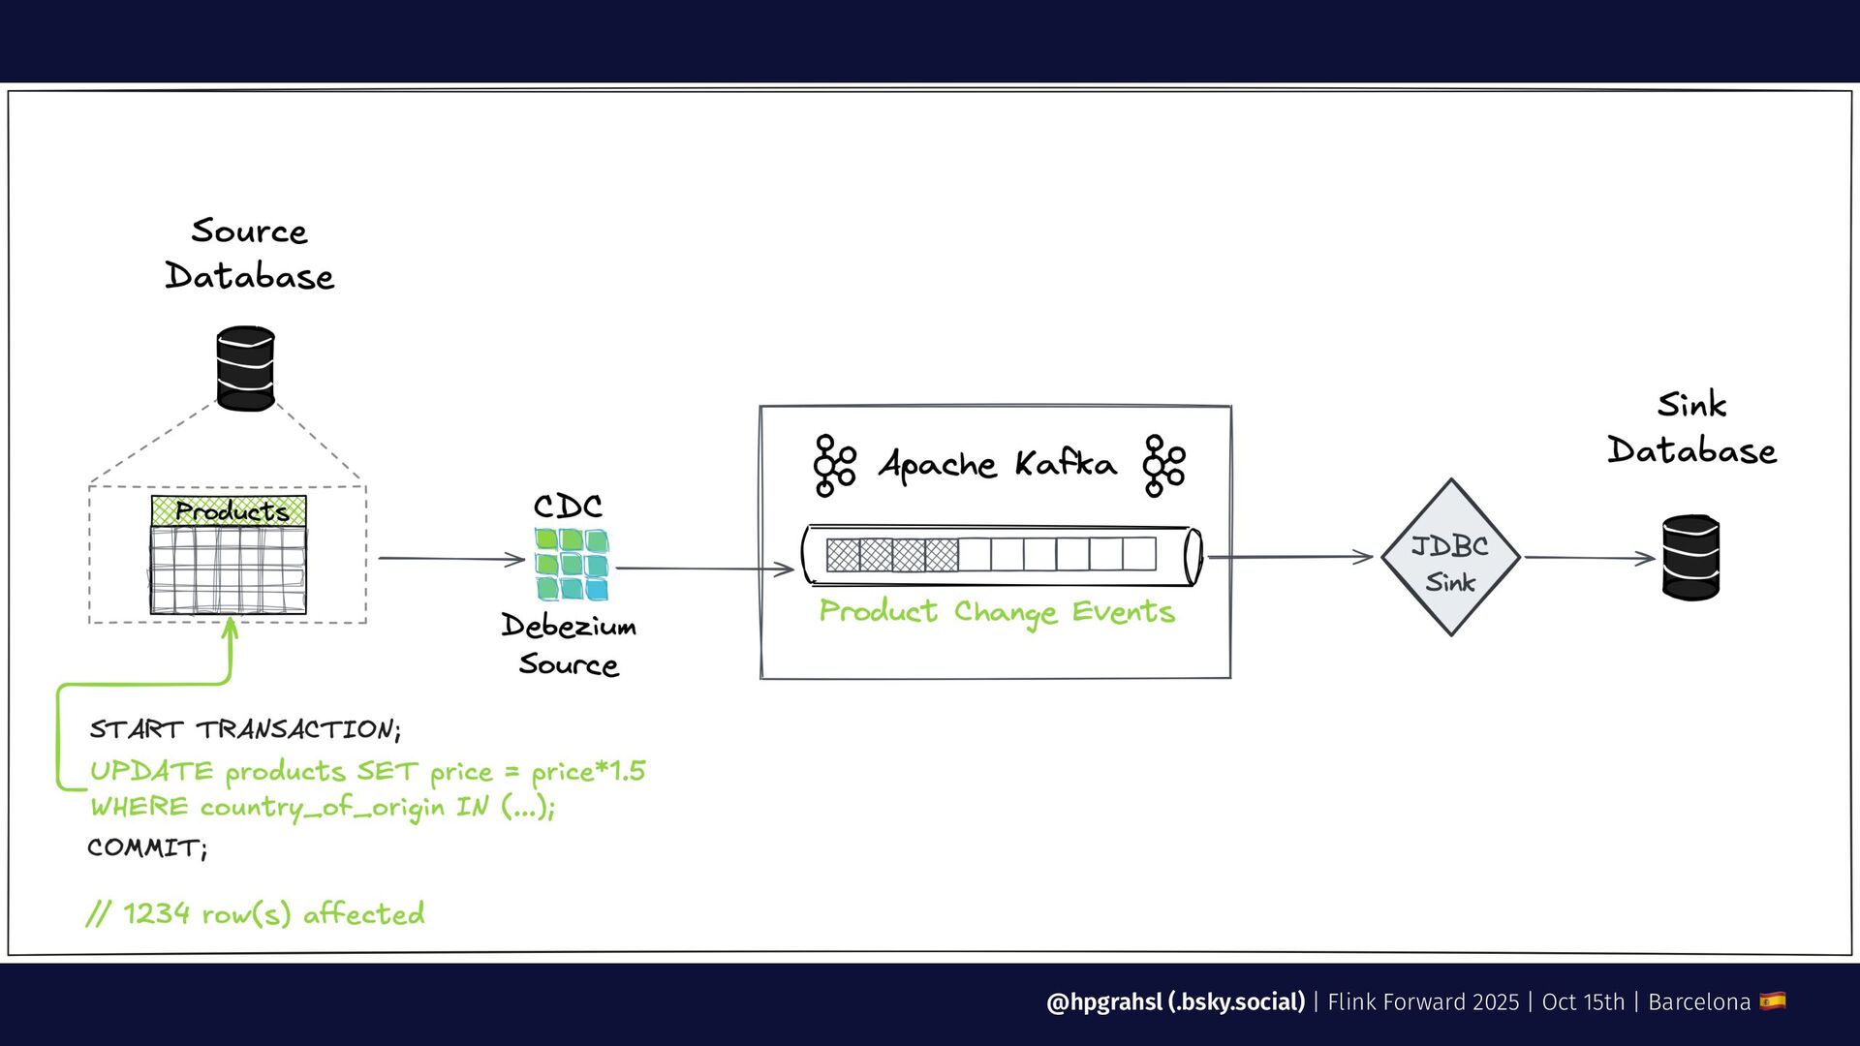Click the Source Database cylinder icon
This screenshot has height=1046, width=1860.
click(245, 369)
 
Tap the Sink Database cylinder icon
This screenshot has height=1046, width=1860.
click(1690, 558)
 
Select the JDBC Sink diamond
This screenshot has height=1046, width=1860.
click(1450, 558)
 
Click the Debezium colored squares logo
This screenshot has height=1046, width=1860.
click(572, 564)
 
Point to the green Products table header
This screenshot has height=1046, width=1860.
click(229, 510)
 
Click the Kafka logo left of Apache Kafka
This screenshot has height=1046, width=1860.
click(834, 466)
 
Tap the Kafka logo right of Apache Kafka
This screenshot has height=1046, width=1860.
click(1163, 466)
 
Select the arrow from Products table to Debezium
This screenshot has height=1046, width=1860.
click(450, 559)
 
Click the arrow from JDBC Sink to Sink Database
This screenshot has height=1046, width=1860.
click(1589, 558)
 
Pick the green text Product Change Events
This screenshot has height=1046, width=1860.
click(997, 612)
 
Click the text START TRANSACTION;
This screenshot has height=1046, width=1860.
click(245, 729)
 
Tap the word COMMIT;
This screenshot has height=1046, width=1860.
click(147, 848)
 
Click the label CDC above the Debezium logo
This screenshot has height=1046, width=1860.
click(568, 507)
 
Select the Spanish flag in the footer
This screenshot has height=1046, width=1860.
click(1773, 1000)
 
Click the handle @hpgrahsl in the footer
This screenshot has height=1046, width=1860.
click(1104, 1001)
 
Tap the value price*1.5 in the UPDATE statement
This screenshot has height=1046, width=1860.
click(588, 772)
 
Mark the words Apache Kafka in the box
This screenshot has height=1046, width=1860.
click(997, 465)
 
